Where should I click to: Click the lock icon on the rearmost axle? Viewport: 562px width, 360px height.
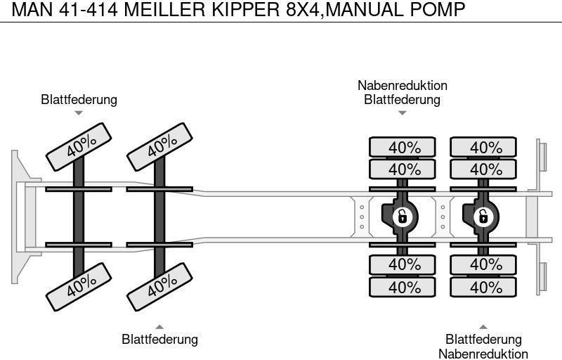[x=483, y=217]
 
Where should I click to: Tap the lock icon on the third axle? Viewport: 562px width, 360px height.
[x=402, y=217]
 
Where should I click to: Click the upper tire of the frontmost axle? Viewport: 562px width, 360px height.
[x=79, y=146]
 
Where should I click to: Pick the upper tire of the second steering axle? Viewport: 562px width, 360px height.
[x=159, y=146]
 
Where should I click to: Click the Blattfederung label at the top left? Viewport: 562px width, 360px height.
[x=79, y=100]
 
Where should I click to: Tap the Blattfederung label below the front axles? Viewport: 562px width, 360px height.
[x=159, y=340]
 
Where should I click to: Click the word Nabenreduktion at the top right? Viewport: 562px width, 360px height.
[x=402, y=86]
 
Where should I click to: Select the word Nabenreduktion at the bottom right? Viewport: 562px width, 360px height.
[x=483, y=354]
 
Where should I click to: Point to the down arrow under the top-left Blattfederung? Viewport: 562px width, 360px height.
[x=79, y=112]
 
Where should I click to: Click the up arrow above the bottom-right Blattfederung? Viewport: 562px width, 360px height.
[x=483, y=327]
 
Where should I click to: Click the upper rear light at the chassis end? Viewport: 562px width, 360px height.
[x=542, y=155]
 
